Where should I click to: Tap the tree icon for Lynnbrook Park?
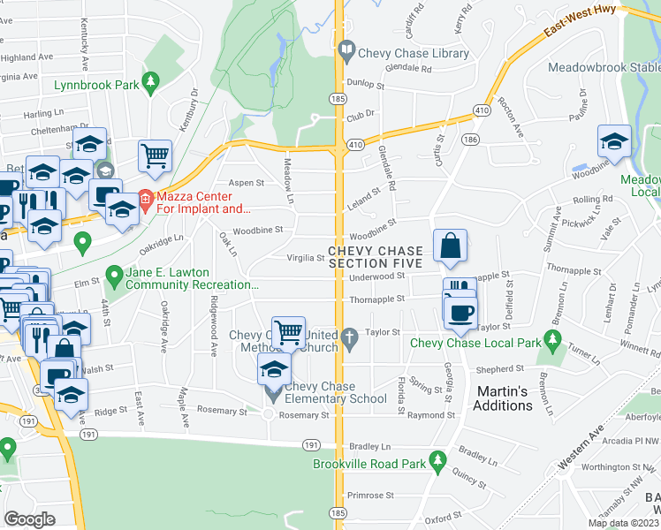pyautogui.click(x=151, y=82)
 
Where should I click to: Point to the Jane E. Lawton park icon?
pyautogui.click(x=113, y=276)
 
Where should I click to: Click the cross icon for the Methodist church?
pyautogui.click(x=350, y=336)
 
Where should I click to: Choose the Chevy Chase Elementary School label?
pyautogui.click(x=335, y=392)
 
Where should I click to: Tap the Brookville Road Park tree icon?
pyautogui.click(x=437, y=460)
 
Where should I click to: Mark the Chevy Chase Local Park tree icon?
pyautogui.click(x=553, y=338)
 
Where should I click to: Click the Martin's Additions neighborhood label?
pyautogui.click(x=505, y=397)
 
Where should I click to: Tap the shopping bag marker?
pyautogui.click(x=450, y=246)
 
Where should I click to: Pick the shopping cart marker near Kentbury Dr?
pyautogui.click(x=155, y=155)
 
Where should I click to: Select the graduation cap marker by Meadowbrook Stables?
pyautogui.click(x=613, y=141)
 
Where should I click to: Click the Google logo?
pyautogui.click(x=29, y=519)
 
